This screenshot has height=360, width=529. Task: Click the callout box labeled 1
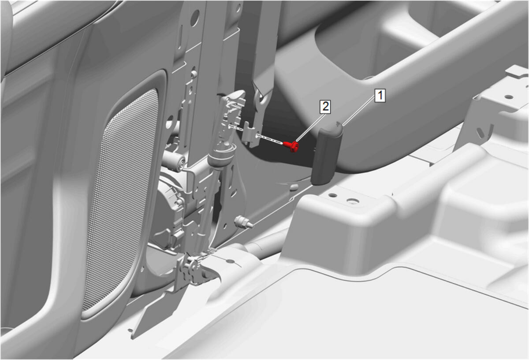[380, 96]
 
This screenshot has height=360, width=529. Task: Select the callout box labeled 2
[325, 107]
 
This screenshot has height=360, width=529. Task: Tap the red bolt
[291, 146]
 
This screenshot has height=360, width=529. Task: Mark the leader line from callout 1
[359, 111]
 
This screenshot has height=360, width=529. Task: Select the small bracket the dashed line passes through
[251, 134]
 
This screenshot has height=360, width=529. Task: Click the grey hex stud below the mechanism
[244, 223]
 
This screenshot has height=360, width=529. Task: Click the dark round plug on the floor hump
[294, 187]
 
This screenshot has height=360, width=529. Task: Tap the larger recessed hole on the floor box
[353, 201]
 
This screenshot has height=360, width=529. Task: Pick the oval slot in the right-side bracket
[480, 133]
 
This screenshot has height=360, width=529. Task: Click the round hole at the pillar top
[195, 18]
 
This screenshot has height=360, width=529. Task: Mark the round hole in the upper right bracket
[508, 97]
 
